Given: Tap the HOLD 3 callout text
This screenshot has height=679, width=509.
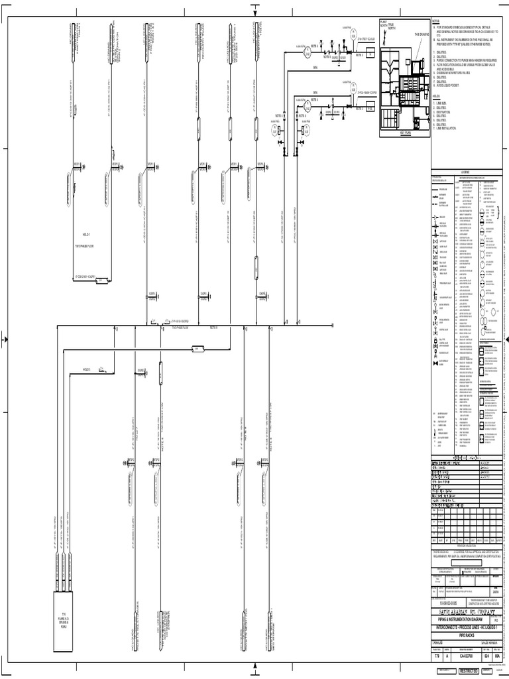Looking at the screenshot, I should pyautogui.click(x=86, y=369).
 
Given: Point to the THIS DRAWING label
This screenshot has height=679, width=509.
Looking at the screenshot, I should pyautogui.click(x=422, y=34).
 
